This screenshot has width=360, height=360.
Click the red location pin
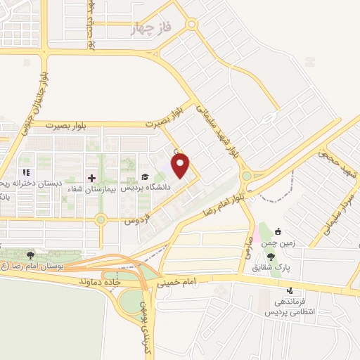181,166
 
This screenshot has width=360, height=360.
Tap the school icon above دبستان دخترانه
26,172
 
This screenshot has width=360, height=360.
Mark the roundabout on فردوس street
101,219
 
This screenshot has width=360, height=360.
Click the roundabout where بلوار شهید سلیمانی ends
246,176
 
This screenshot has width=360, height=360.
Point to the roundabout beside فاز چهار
191,25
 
